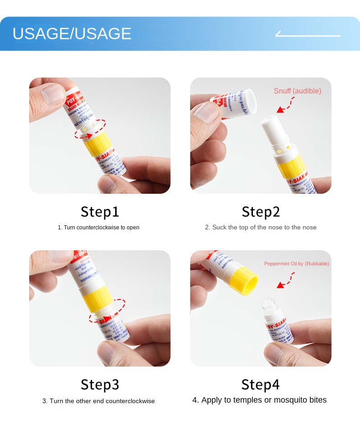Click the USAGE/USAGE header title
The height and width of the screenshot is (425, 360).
[72, 34]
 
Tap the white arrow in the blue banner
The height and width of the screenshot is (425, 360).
[308, 35]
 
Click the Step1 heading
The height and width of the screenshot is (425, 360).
[100, 212]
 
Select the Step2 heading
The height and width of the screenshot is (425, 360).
[261, 212]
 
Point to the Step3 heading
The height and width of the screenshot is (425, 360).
[100, 384]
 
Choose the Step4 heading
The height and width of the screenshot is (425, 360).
[261, 384]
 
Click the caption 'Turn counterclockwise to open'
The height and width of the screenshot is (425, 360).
[98, 227]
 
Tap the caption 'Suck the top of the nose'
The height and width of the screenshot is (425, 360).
[261, 227]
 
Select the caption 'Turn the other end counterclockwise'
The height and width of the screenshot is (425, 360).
[98, 401]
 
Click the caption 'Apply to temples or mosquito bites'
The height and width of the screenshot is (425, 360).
[259, 400]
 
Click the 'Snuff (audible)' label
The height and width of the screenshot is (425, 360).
[297, 91]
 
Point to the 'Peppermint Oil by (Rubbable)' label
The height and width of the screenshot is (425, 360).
[297, 264]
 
